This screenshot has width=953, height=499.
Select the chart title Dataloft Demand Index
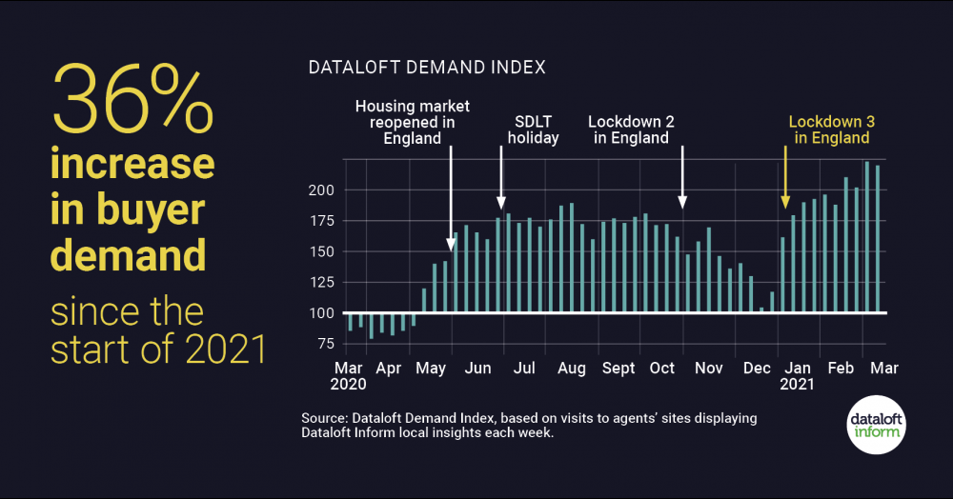coord(427,68)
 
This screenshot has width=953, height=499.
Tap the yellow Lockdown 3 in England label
coord(828,130)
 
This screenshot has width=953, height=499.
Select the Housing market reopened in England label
coord(413,122)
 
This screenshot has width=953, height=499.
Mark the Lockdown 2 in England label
coord(628,130)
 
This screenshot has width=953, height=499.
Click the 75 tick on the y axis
coord(325,344)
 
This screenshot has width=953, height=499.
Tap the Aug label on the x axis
coord(571,368)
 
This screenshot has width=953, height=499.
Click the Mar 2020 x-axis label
coord(347,376)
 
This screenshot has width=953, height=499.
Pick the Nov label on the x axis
coord(708,368)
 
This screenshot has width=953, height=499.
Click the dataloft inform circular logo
coord(876,423)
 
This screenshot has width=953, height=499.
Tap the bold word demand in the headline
coord(129,254)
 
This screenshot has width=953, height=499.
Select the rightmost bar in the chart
coord(878,238)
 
